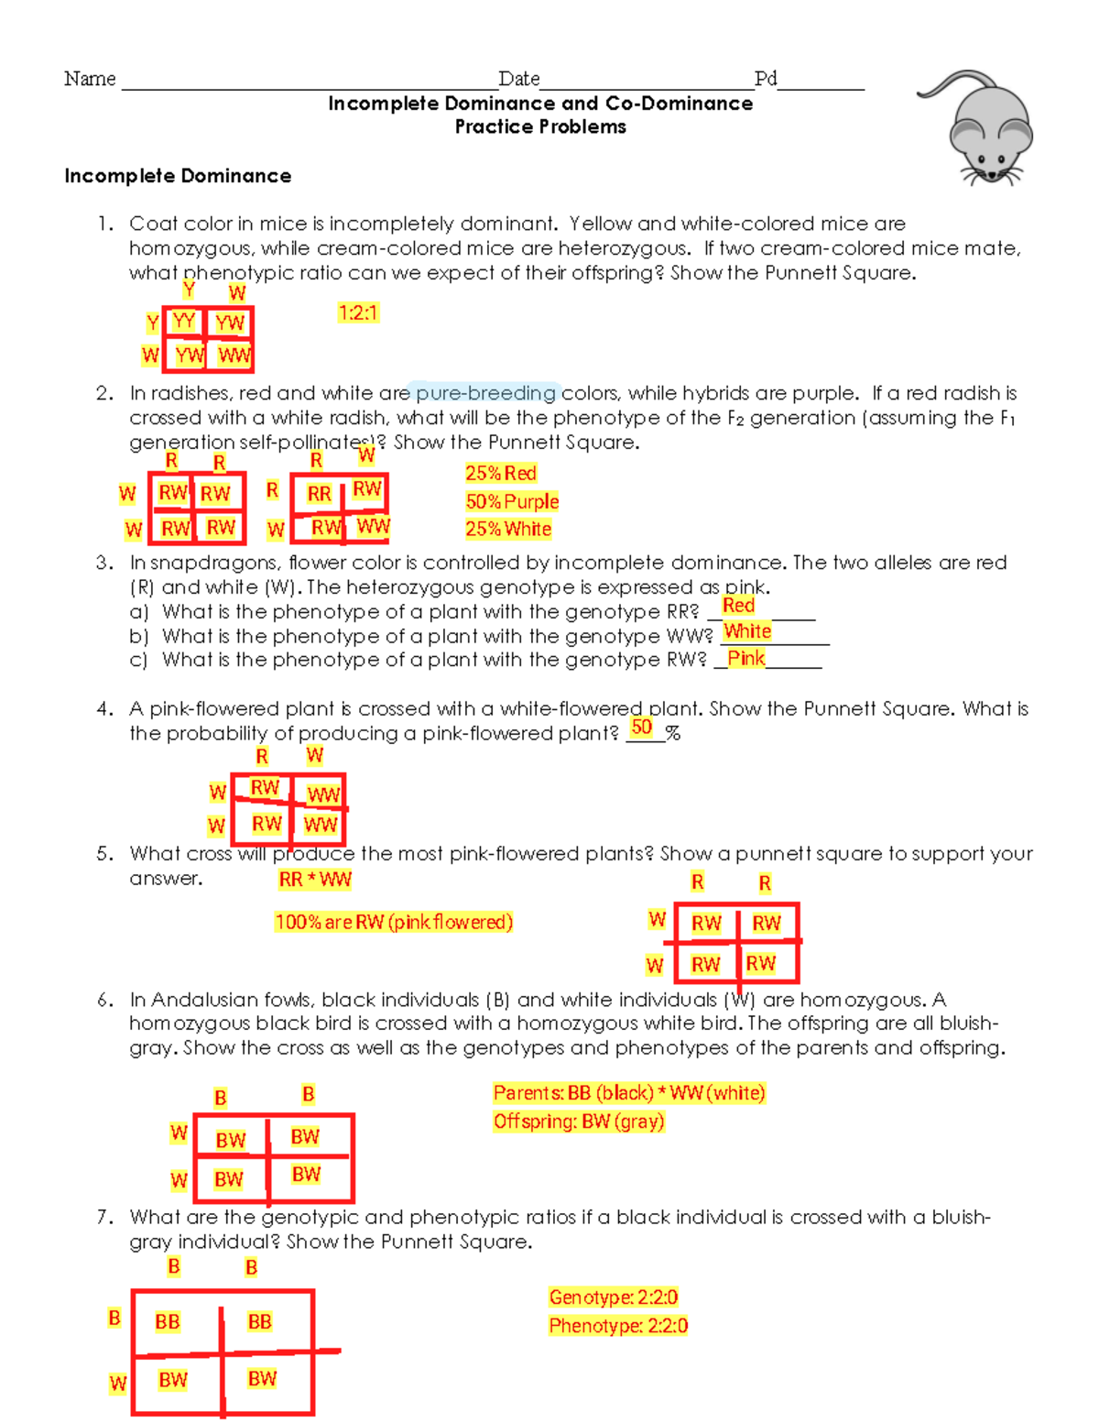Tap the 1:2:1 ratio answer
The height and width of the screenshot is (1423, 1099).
point(357,313)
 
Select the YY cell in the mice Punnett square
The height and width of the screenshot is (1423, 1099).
point(184,321)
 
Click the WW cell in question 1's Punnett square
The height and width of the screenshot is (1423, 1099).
point(234,356)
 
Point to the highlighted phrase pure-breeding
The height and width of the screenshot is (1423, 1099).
point(485,393)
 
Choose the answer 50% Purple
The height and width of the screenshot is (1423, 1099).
point(512,501)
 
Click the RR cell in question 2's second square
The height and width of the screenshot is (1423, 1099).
point(319,494)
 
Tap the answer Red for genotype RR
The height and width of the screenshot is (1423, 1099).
point(738,605)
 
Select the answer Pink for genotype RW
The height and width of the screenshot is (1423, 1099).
point(745,658)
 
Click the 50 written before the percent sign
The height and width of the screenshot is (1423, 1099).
point(642,728)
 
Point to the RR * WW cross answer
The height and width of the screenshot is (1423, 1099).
point(315,880)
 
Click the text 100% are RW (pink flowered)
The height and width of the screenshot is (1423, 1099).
point(394,922)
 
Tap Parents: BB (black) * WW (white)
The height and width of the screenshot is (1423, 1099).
point(628,1092)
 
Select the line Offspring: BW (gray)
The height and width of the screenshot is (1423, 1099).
point(579,1122)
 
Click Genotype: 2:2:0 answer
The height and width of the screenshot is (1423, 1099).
point(614,1297)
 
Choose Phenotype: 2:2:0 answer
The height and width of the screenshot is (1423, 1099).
point(618,1326)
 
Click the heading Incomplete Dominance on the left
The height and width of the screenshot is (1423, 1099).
point(178,176)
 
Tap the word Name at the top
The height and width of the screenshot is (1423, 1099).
point(90,79)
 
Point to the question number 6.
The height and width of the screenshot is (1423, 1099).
point(104,1000)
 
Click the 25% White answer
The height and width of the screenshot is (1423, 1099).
point(508,529)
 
